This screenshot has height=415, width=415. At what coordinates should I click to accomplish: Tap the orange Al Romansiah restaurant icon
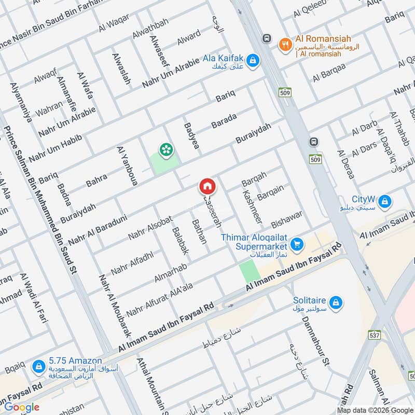284,45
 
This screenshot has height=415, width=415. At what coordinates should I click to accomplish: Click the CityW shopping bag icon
384,201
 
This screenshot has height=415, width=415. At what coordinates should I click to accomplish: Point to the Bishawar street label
286,220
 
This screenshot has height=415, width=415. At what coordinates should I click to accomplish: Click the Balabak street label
177,242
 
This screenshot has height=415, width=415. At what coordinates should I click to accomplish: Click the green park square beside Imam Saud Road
249,271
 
